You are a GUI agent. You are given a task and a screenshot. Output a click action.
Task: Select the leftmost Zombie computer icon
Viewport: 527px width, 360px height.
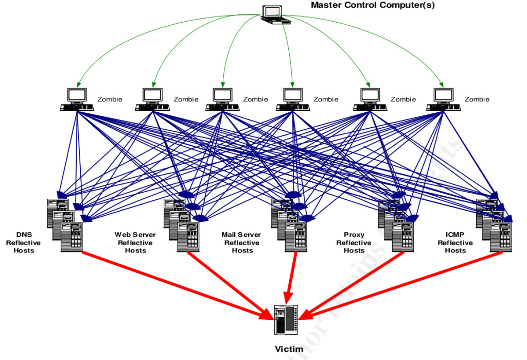coord(77,99)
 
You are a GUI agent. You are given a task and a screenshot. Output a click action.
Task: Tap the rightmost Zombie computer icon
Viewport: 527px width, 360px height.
coord(443,99)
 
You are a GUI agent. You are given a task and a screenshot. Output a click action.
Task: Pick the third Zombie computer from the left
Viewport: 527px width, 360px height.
coord(222,99)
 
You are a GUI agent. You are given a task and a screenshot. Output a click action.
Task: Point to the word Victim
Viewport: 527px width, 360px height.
coord(289,349)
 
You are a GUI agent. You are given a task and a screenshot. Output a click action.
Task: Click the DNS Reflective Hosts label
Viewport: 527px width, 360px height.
coord(24,243)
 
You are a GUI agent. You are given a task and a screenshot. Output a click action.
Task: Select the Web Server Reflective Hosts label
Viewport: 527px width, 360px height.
coord(135,243)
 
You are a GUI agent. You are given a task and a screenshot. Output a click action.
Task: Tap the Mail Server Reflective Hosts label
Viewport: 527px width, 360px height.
coord(242,243)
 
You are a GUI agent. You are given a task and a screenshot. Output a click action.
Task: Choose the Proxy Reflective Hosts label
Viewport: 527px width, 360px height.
coord(354,243)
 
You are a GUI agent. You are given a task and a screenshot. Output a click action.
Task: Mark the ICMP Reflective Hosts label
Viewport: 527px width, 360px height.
coord(455,243)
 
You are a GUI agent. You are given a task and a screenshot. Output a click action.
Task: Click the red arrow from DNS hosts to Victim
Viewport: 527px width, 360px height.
coord(175,283)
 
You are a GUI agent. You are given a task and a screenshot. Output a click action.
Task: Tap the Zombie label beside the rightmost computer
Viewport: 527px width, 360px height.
coord(477,99)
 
